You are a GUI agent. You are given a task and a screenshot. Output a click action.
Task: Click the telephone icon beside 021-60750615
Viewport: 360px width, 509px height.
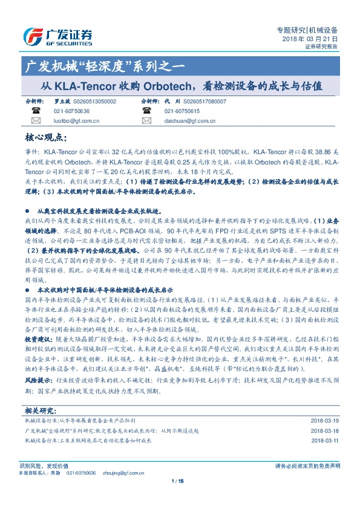point(146,112)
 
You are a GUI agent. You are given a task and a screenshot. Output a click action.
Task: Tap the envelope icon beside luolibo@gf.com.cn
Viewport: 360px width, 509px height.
point(35,122)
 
